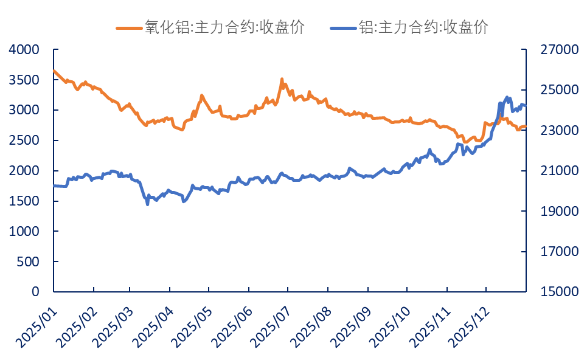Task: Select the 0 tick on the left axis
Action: (35, 292)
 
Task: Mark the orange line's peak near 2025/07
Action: (282, 79)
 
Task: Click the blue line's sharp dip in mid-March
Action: (147, 204)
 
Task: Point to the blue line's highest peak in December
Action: (507, 97)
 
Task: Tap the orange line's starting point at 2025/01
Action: (54, 71)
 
